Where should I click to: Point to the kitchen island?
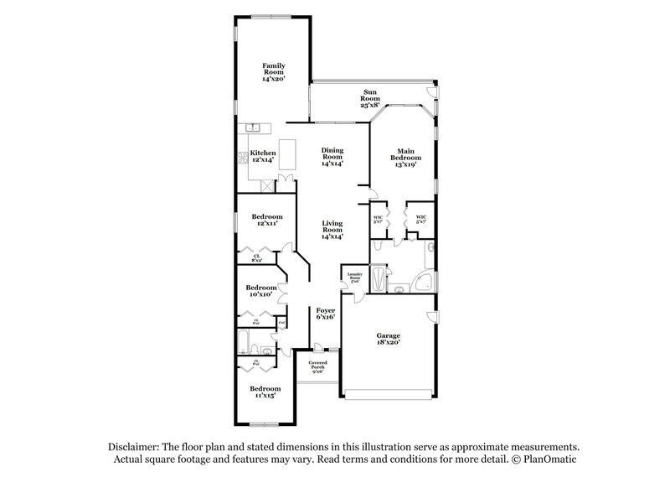[290, 153]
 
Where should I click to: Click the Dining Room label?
[333, 157]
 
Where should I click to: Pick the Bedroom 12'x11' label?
[266, 221]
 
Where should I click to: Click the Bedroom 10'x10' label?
[260, 291]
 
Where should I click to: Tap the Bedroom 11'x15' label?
[265, 392]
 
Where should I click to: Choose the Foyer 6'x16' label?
[324, 314]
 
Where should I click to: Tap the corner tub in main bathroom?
[425, 282]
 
